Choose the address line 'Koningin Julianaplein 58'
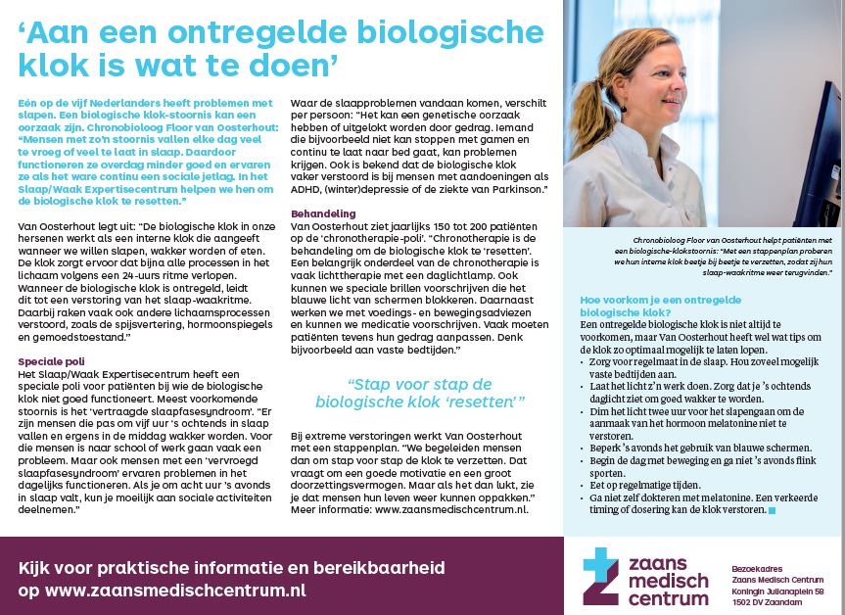(777, 591)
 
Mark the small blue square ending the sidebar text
(772, 510)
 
